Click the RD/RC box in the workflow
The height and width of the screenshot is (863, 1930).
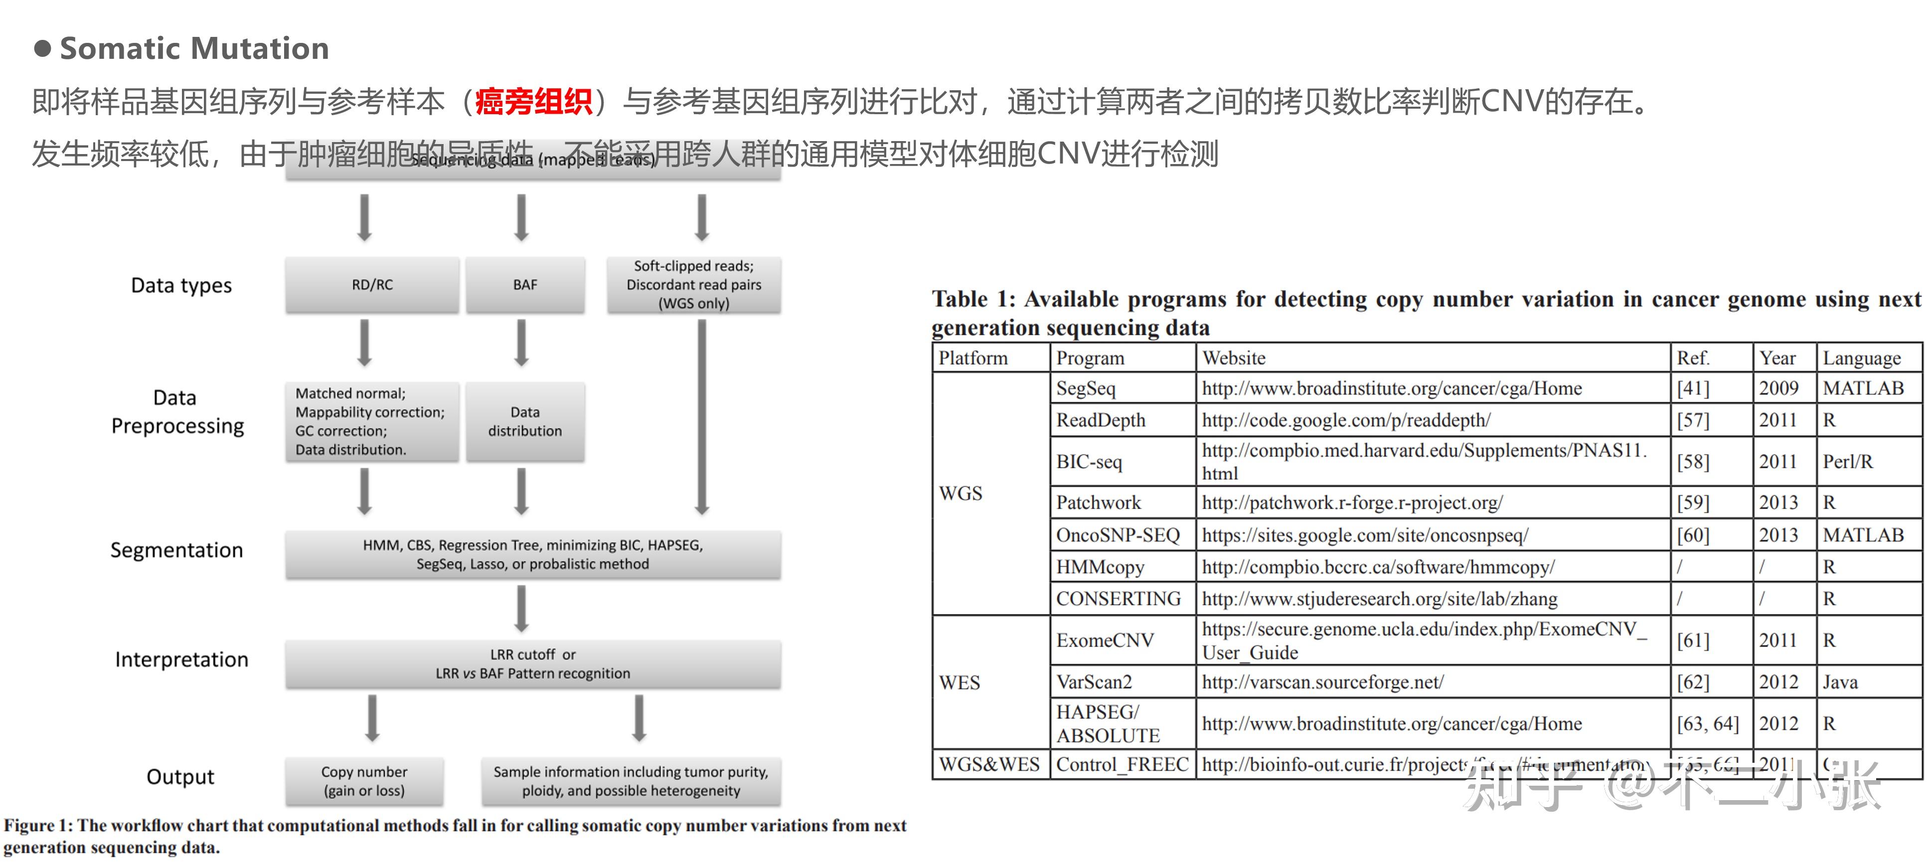(372, 285)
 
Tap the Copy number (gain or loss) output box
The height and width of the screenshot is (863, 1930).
(364, 781)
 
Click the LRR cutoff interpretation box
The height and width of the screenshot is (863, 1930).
(533, 664)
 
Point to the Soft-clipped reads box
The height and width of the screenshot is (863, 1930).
(694, 285)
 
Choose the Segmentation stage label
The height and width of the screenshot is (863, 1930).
(177, 550)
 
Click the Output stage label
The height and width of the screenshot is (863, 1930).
(180, 777)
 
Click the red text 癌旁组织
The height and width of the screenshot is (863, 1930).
(533, 102)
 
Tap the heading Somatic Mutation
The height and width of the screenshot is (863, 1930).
(194, 49)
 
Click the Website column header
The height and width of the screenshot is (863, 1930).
(1234, 358)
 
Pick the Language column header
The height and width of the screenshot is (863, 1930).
(1862, 358)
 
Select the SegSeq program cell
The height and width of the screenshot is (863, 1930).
(1086, 388)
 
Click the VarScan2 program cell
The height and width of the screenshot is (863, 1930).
(1094, 682)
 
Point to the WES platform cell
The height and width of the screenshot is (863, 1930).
(959, 683)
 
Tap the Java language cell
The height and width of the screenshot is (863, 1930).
(1840, 682)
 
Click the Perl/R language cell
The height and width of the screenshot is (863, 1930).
(1848, 462)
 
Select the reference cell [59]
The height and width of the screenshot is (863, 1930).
(1693, 502)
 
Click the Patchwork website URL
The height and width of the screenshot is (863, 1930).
(1352, 502)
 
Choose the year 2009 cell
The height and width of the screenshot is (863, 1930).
(1778, 388)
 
